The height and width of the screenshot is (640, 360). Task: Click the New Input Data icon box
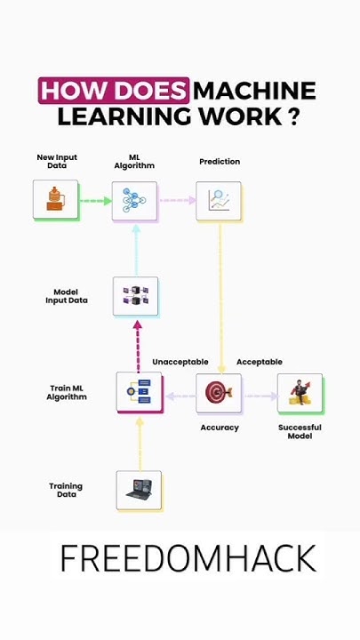coord(55,200)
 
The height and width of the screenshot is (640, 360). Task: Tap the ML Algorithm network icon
coord(134,201)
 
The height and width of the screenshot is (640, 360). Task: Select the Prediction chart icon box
coord(219,201)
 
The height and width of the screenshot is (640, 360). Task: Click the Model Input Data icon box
coord(135,297)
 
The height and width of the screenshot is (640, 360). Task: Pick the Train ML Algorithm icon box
coord(139,392)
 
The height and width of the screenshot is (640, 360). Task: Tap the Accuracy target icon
coord(218,392)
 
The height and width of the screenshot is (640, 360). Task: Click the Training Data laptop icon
coord(139,490)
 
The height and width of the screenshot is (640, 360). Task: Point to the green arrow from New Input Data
coord(94,201)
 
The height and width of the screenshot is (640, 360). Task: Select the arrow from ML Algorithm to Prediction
coord(177,201)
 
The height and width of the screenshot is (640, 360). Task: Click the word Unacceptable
coord(180,362)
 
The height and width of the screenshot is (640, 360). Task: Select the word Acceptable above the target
coord(259,362)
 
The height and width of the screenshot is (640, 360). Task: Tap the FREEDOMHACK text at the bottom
coord(188,559)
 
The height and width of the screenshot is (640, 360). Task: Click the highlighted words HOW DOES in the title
coord(114,91)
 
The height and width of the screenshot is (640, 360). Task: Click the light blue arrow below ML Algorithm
coord(135,248)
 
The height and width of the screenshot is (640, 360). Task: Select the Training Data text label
coord(66,490)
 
